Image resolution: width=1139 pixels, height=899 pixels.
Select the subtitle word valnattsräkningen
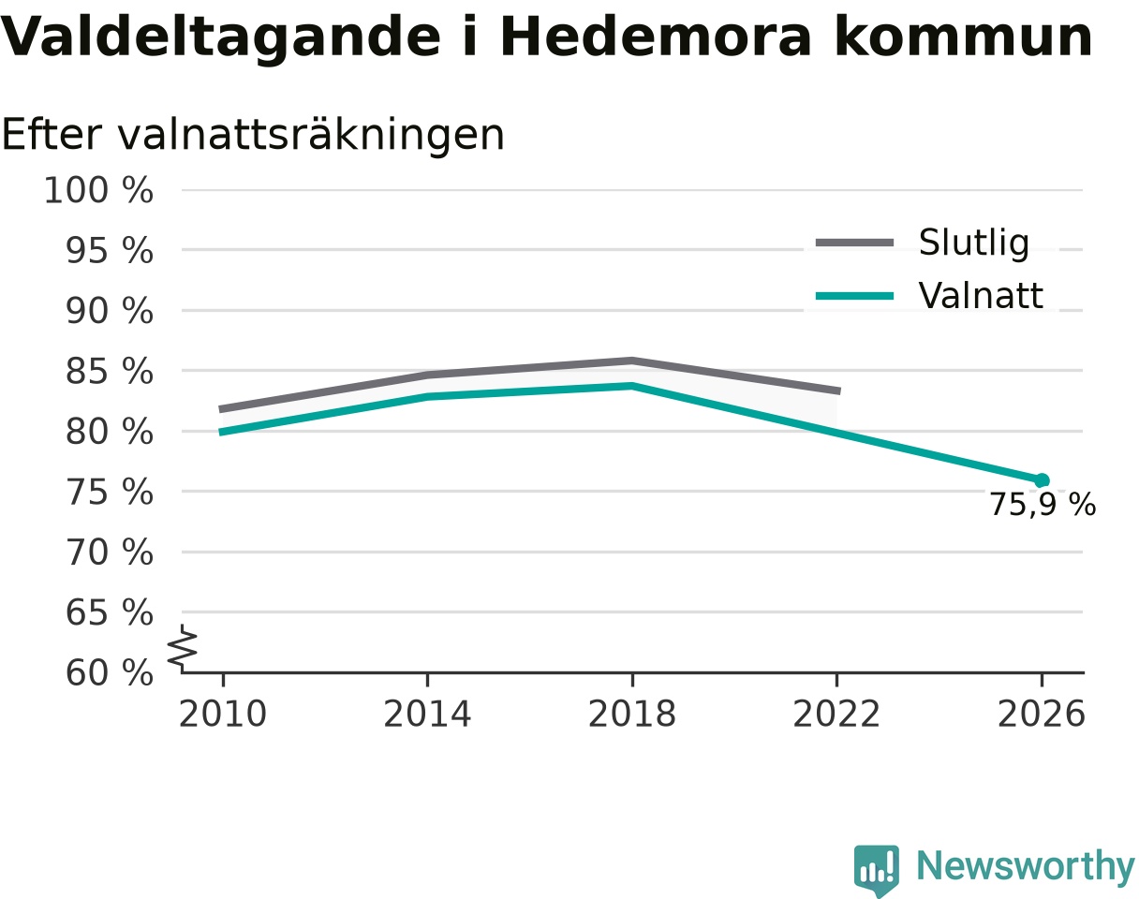311,136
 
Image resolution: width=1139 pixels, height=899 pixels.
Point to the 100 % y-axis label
98,190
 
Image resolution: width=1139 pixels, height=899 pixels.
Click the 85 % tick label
109,372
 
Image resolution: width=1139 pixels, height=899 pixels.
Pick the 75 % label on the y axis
109,492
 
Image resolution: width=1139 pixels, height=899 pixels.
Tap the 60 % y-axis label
109,673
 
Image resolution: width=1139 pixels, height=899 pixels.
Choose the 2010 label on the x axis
223,715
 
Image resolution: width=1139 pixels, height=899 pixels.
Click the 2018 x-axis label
632,715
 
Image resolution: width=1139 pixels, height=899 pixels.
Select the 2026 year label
1041,715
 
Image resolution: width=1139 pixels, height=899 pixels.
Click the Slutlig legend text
974,243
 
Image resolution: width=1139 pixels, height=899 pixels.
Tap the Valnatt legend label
981,295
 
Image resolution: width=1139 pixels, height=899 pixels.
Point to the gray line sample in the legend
854,243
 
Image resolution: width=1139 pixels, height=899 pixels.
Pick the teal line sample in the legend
854,296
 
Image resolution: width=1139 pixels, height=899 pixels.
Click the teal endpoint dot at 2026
1042,480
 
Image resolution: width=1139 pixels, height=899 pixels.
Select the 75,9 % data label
1043,504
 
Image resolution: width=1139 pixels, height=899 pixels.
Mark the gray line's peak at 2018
632,361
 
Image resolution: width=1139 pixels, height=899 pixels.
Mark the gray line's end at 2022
839,391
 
